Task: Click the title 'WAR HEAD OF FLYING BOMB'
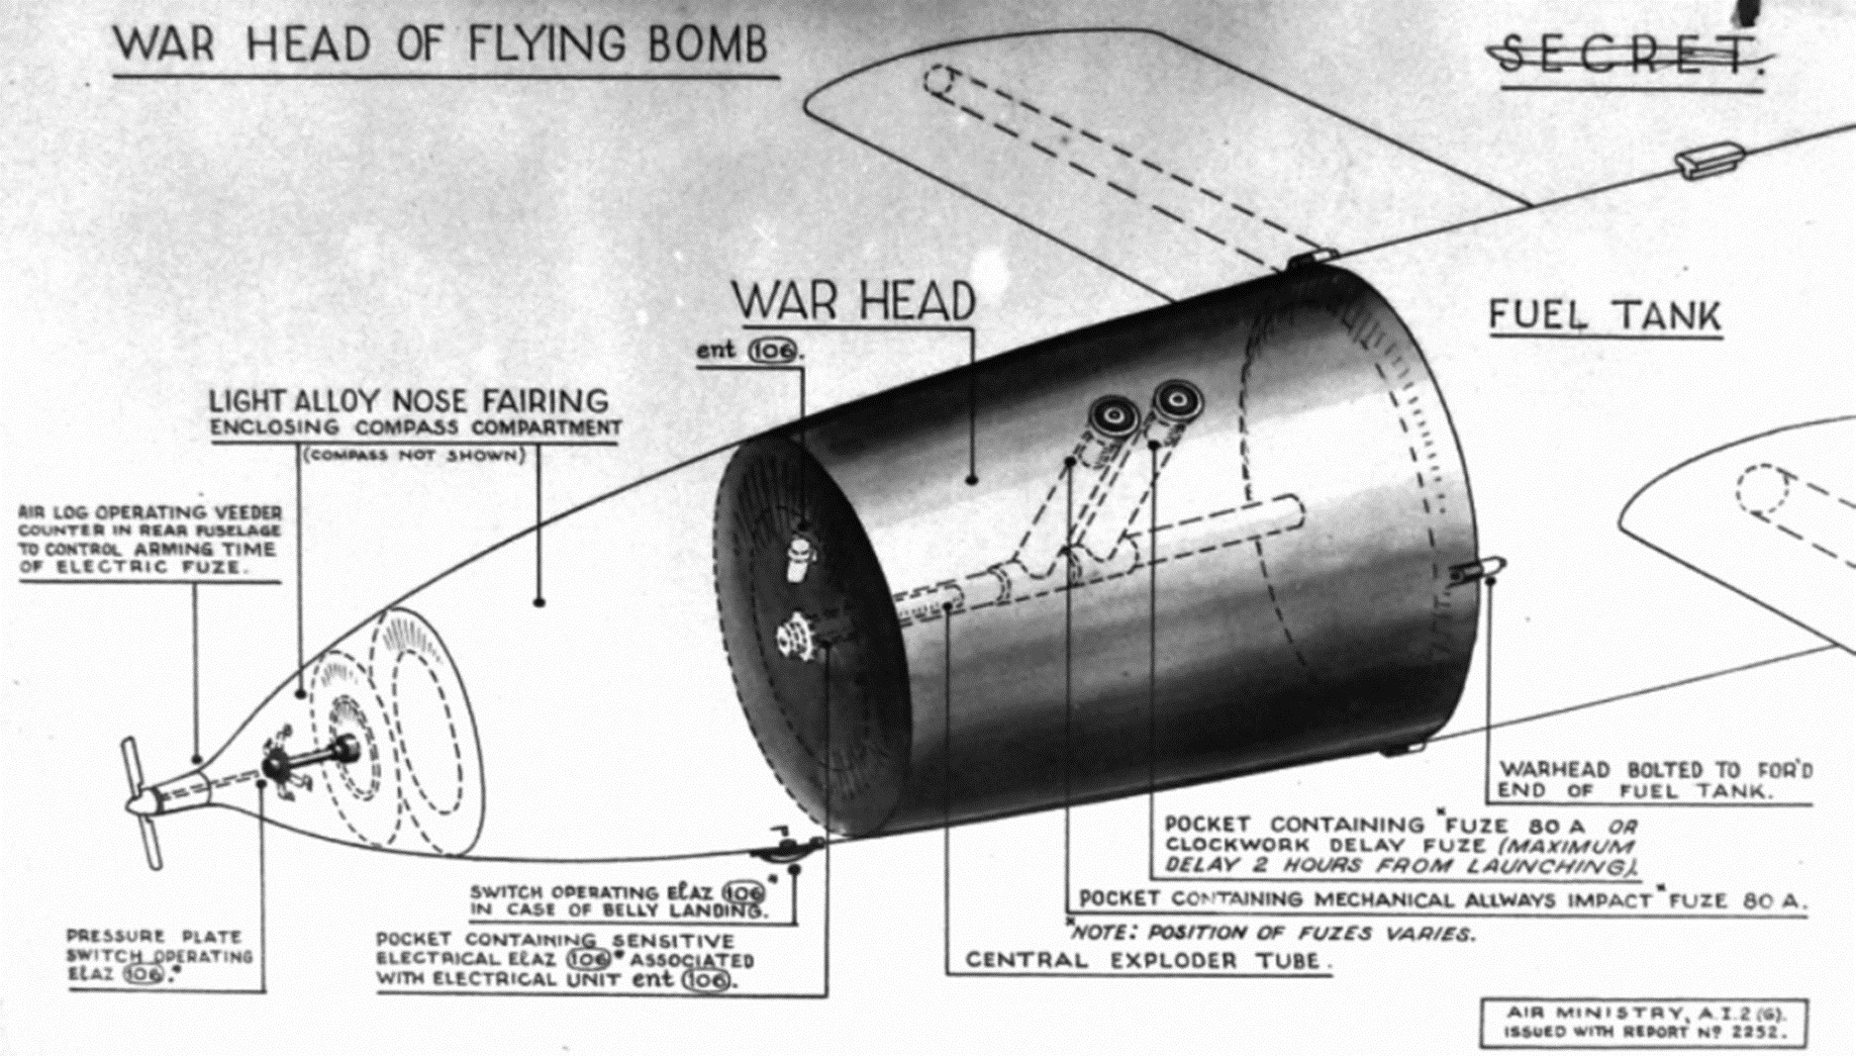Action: click(440, 45)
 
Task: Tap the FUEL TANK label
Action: click(1605, 317)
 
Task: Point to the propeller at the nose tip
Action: click(141, 802)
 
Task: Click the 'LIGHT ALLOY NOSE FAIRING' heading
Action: click(409, 401)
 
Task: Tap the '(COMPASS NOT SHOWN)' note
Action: click(413, 456)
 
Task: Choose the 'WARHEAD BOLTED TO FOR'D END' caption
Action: click(1654, 780)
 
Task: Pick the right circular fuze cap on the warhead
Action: click(1178, 401)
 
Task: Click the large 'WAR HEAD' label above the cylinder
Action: click(854, 300)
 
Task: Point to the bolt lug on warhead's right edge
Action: click(1480, 571)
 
